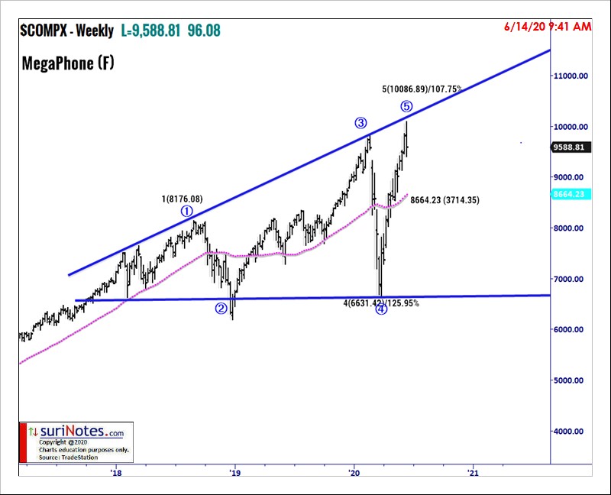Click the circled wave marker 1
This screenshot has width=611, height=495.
[187, 212]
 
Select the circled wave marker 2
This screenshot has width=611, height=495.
[221, 309]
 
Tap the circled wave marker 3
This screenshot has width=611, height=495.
[360, 123]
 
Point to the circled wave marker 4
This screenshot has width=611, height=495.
[382, 309]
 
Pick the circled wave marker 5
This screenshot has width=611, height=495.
[406, 106]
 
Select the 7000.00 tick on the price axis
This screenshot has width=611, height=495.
[572, 279]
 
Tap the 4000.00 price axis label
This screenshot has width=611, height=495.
[572, 431]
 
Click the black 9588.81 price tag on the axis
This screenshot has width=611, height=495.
[572, 147]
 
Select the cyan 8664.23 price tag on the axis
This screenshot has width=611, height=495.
[572, 195]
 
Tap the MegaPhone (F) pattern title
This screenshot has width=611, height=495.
[68, 64]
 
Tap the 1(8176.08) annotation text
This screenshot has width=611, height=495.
[182, 199]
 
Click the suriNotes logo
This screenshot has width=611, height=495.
[76, 432]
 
